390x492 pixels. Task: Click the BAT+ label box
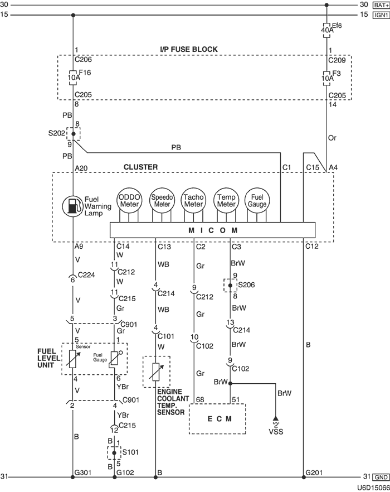pyautogui.click(x=380, y=5)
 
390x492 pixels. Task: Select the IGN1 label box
pyautogui.click(x=380, y=15)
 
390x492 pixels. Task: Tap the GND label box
pyautogui.click(x=381, y=477)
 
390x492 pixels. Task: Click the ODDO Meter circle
pyautogui.click(x=129, y=200)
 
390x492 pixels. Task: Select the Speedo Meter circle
pyautogui.click(x=162, y=200)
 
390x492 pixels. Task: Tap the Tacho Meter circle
pyautogui.click(x=193, y=200)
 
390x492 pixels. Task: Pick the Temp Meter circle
pyautogui.click(x=226, y=200)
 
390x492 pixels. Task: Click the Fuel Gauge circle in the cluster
pyautogui.click(x=257, y=200)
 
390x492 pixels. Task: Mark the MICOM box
pyautogui.click(x=212, y=230)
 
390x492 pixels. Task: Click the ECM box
pyautogui.click(x=217, y=418)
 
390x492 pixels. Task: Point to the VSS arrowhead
pyautogui.click(x=275, y=418)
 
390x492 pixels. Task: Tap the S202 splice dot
pyautogui.click(x=73, y=134)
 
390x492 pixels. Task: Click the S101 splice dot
pyautogui.click(x=115, y=453)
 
